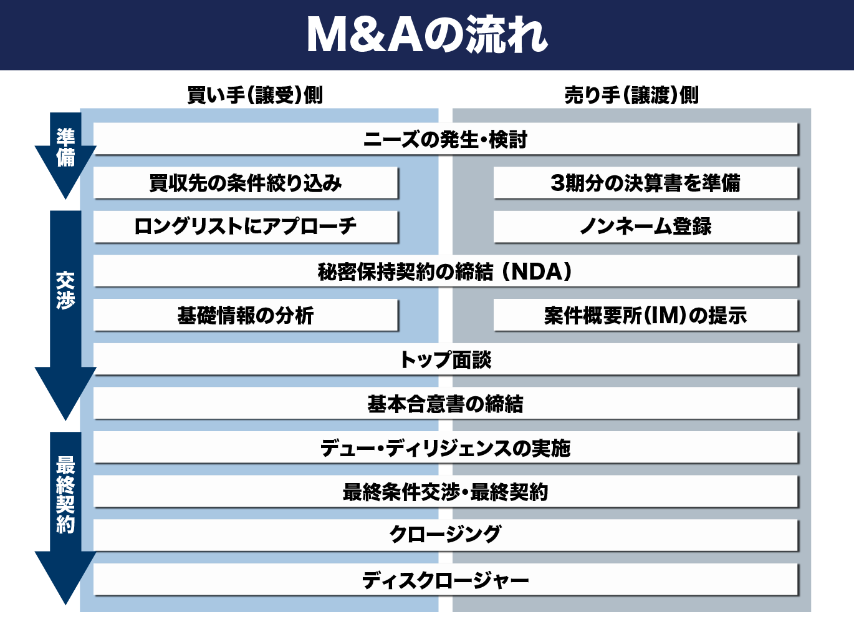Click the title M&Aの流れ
427,35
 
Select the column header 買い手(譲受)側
255,95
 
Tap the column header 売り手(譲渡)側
631,95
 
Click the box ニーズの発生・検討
446,139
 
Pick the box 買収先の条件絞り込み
246,183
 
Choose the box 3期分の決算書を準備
645,183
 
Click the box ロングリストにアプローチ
246,227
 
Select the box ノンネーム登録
645,227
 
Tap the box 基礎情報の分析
246,315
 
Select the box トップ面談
446,359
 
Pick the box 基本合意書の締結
446,403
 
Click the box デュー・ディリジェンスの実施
446,447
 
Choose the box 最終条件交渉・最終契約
446,492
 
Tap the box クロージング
446,535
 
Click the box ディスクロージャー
446,580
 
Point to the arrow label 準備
65,147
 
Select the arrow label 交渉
65,290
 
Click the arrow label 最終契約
65,494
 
